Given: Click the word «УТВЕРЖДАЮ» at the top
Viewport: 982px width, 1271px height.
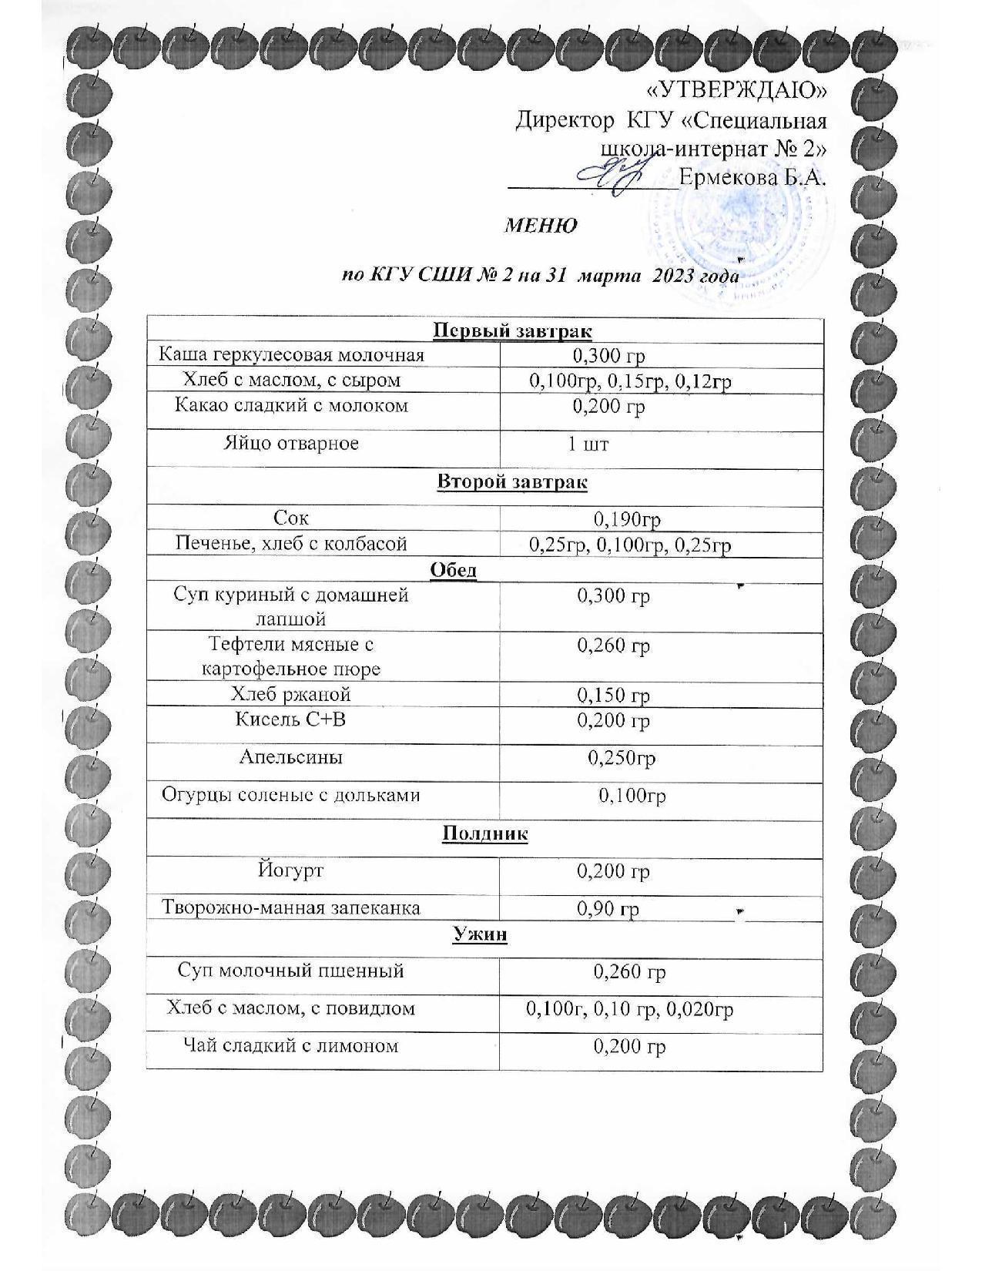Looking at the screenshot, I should [736, 91].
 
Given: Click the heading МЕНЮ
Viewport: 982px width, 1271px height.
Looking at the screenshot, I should [541, 226].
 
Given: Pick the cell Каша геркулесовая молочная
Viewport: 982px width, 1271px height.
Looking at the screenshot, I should [292, 355].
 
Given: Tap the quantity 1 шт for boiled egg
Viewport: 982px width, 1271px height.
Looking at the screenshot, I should [588, 444].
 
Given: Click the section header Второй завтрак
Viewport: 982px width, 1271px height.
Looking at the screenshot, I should [512, 482].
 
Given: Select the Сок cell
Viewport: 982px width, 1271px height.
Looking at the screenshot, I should [291, 518].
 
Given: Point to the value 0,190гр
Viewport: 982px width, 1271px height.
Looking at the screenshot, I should [627, 520].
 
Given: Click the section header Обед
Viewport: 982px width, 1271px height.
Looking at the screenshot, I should [453, 570].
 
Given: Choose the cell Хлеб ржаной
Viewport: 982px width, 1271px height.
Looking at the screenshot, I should [291, 695].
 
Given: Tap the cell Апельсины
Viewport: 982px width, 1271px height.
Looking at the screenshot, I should [291, 757].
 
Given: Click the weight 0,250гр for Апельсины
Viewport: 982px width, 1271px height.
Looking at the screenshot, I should [622, 759].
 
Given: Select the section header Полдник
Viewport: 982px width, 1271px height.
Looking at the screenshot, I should [485, 833].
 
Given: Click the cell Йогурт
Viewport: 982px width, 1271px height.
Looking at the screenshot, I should [290, 870].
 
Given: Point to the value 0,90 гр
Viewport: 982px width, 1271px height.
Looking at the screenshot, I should [608, 909].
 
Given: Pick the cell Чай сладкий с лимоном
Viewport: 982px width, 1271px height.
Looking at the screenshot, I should [291, 1046].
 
